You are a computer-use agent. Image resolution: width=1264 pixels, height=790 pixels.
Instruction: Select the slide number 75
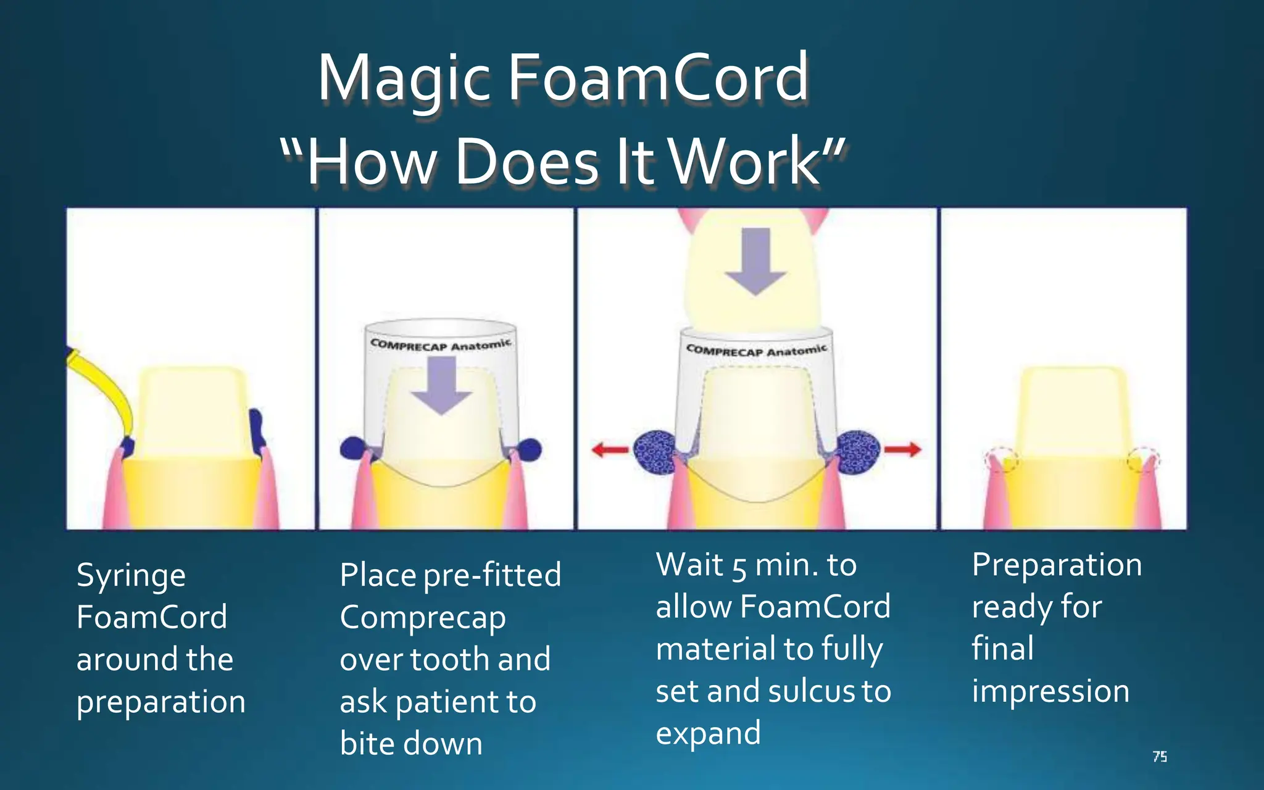(1160, 757)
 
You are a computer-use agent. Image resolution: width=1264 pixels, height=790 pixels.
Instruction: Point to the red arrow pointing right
(902, 449)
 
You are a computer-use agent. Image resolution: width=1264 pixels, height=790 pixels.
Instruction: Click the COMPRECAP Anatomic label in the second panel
(441, 344)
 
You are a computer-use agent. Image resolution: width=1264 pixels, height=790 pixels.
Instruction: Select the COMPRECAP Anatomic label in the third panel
(757, 350)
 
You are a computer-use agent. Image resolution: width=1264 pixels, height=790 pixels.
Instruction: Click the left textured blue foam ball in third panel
(655, 452)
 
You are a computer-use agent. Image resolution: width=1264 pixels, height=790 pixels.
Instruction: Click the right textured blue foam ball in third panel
(858, 452)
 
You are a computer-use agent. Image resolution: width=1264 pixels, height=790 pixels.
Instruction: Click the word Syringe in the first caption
(131, 576)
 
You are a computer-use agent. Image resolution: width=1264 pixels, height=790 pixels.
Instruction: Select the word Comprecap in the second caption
(423, 618)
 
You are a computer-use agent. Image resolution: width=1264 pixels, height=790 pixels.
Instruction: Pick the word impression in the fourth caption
(1050, 691)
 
